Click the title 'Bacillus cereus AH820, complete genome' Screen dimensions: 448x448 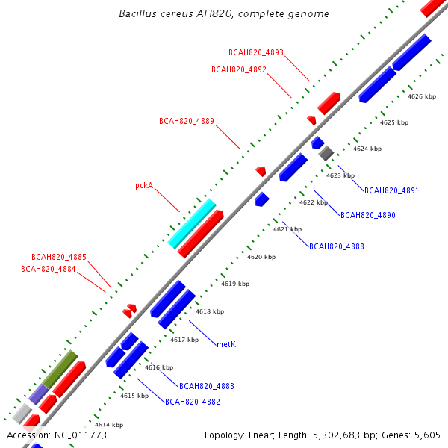pyautogui.click(x=224, y=13)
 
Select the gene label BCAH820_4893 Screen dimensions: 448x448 pyautogui.click(x=256, y=52)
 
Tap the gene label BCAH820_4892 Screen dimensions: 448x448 pyautogui.click(x=239, y=69)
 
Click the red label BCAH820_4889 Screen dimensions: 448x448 pyautogui.click(x=187, y=121)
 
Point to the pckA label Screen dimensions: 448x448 pyautogui.click(x=144, y=186)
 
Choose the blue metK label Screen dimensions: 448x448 pyautogui.click(x=226, y=344)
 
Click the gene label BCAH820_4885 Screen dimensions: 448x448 pyautogui.click(x=59, y=257)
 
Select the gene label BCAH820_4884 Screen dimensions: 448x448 pyautogui.click(x=49, y=269)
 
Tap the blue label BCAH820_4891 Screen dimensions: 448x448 pyautogui.click(x=391, y=190)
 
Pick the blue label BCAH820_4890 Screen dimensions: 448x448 pyautogui.click(x=368, y=215)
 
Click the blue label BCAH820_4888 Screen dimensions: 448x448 pyautogui.click(x=337, y=246)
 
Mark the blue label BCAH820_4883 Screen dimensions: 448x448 pyautogui.click(x=207, y=386)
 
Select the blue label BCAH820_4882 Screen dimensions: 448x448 pyautogui.click(x=193, y=402)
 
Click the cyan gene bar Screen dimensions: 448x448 pyautogui.click(x=192, y=223)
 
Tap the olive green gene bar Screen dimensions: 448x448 pyautogui.click(x=60, y=369)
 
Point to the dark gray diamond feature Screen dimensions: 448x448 pyautogui.click(x=326, y=153)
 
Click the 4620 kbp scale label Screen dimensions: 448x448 pyautogui.click(x=261, y=257)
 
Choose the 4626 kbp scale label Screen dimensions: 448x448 pyautogui.click(x=422, y=96)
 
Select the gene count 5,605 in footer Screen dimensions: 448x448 pyautogui.click(x=427, y=435)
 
